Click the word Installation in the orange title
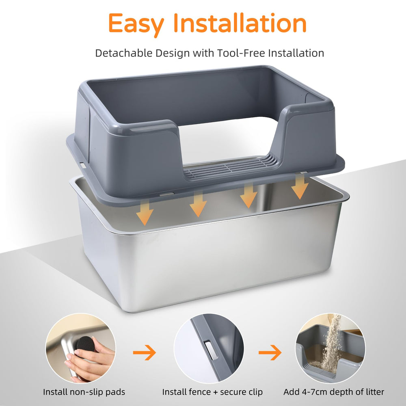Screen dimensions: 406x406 coord(240,24)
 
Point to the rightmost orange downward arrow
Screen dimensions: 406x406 coord(300,187)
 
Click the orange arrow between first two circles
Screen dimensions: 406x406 coord(145,352)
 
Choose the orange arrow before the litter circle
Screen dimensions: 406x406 coord(270,352)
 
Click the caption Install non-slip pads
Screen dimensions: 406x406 coord(84,392)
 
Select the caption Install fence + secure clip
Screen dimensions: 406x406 coord(212,392)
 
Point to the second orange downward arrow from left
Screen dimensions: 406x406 coord(198,204)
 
